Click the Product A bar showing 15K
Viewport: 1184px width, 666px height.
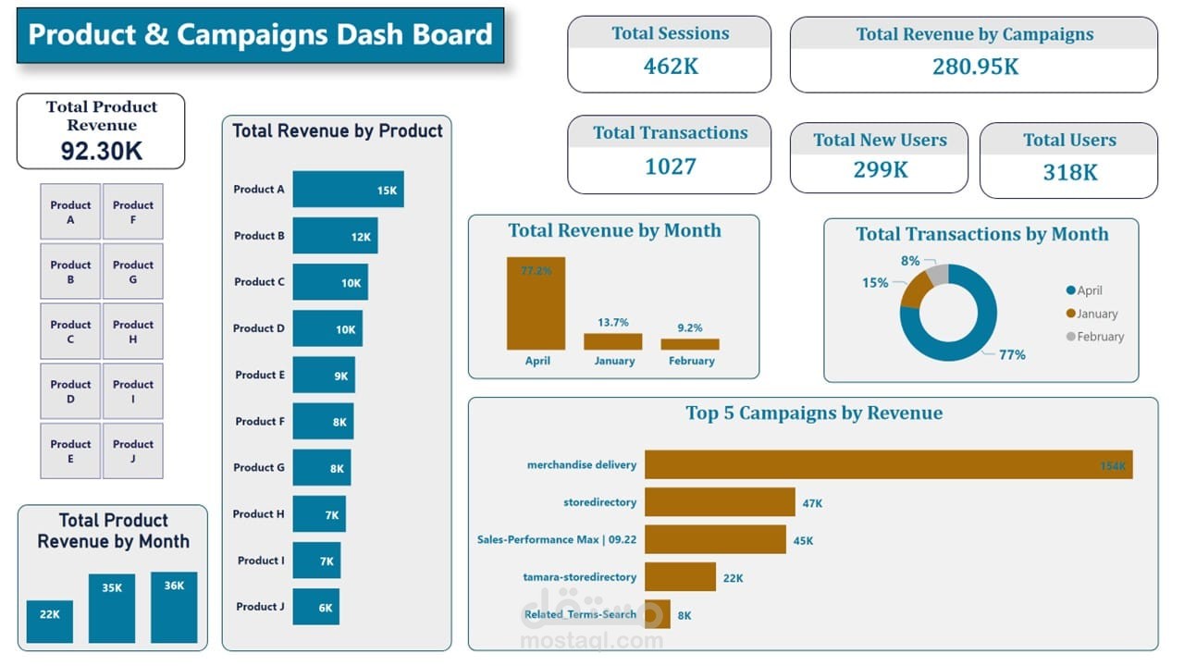[348, 190]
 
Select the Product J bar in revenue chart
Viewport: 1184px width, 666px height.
[315, 607]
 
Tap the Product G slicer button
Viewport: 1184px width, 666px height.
[133, 272]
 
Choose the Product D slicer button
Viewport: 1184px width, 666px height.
[70, 391]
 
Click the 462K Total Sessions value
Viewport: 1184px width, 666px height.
[671, 67]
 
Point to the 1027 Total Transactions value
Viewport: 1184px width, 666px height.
[670, 166]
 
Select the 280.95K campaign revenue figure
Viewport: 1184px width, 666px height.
[975, 67]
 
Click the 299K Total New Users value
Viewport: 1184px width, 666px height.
[880, 170]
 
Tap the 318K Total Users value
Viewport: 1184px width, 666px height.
[1069, 172]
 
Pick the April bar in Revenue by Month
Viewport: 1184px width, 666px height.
[536, 303]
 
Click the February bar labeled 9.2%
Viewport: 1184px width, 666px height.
[690, 344]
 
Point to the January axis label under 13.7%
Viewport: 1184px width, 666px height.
[614, 361]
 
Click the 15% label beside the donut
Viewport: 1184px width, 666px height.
[875, 283]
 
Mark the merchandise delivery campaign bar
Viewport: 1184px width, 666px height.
[888, 465]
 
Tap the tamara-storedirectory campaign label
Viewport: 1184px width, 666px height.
[579, 577]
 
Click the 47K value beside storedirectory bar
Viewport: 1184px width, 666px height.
[812, 503]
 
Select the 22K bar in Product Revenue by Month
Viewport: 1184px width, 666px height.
[50, 622]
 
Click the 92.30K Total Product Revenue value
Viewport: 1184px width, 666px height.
[102, 152]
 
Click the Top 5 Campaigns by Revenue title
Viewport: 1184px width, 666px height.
[814, 413]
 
